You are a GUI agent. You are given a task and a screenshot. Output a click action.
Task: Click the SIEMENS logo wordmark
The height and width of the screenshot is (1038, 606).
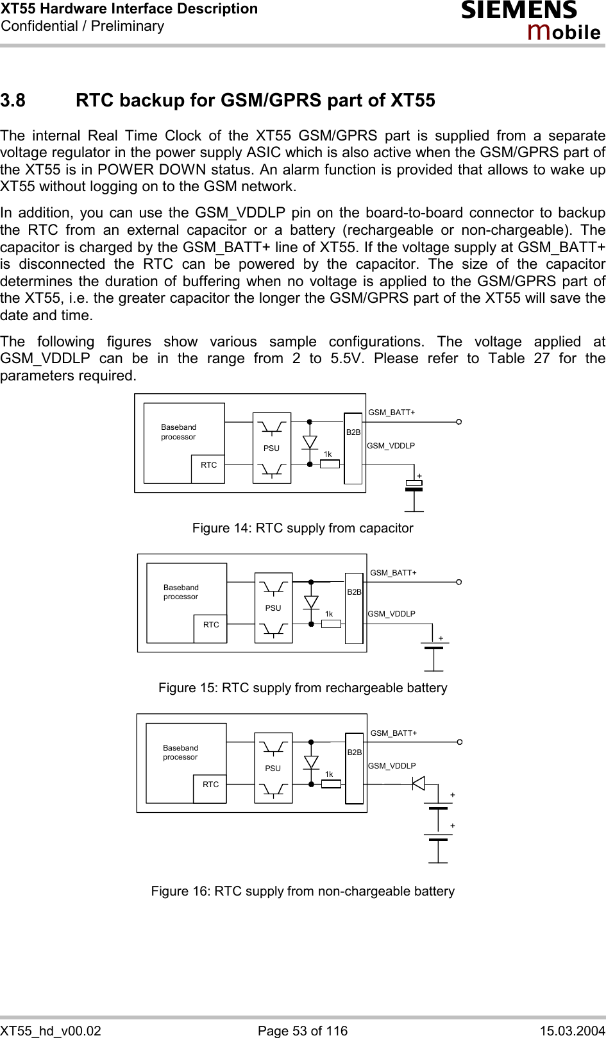pyautogui.click(x=519, y=11)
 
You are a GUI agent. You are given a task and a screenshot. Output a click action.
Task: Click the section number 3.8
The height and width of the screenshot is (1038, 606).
pyautogui.click(x=13, y=101)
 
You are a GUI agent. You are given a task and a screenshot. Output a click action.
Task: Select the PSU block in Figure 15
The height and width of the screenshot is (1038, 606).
pyautogui.click(x=273, y=608)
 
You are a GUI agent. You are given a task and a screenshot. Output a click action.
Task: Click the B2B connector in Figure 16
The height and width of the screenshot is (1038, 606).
pyautogui.click(x=355, y=768)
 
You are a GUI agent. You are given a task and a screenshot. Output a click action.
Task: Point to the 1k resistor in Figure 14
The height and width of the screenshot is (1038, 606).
pyautogui.click(x=330, y=464)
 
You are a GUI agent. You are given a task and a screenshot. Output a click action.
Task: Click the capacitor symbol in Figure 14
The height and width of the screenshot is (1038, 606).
pyautogui.click(x=414, y=486)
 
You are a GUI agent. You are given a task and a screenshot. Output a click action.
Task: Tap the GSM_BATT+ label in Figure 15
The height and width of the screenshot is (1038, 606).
pyautogui.click(x=393, y=573)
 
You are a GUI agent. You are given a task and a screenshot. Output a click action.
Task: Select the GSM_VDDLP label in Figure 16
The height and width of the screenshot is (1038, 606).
pyautogui.click(x=392, y=766)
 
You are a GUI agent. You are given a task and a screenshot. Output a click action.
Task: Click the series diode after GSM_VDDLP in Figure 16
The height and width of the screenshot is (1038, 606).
pyautogui.click(x=418, y=783)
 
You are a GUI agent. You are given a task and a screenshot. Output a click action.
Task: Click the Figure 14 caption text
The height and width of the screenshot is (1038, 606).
pyautogui.click(x=303, y=528)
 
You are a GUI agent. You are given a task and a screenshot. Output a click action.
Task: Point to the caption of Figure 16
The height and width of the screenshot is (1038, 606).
pyautogui.click(x=303, y=891)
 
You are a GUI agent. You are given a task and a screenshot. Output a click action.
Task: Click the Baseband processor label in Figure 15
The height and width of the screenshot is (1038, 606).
pyautogui.click(x=181, y=592)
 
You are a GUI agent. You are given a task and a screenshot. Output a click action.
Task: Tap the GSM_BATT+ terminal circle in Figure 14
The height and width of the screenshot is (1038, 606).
pyautogui.click(x=459, y=421)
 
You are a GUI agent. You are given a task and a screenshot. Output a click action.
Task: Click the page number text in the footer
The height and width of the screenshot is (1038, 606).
pyautogui.click(x=303, y=1030)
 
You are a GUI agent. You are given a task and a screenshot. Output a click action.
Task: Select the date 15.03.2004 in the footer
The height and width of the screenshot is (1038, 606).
pyautogui.click(x=572, y=1030)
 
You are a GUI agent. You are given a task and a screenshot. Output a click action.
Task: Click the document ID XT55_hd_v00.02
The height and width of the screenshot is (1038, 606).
pyautogui.click(x=51, y=1030)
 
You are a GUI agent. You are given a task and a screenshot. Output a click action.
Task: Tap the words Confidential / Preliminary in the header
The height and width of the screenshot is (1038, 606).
pyautogui.click(x=83, y=26)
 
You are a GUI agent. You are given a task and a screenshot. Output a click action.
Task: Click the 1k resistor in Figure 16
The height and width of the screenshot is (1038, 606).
pyautogui.click(x=331, y=783)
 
